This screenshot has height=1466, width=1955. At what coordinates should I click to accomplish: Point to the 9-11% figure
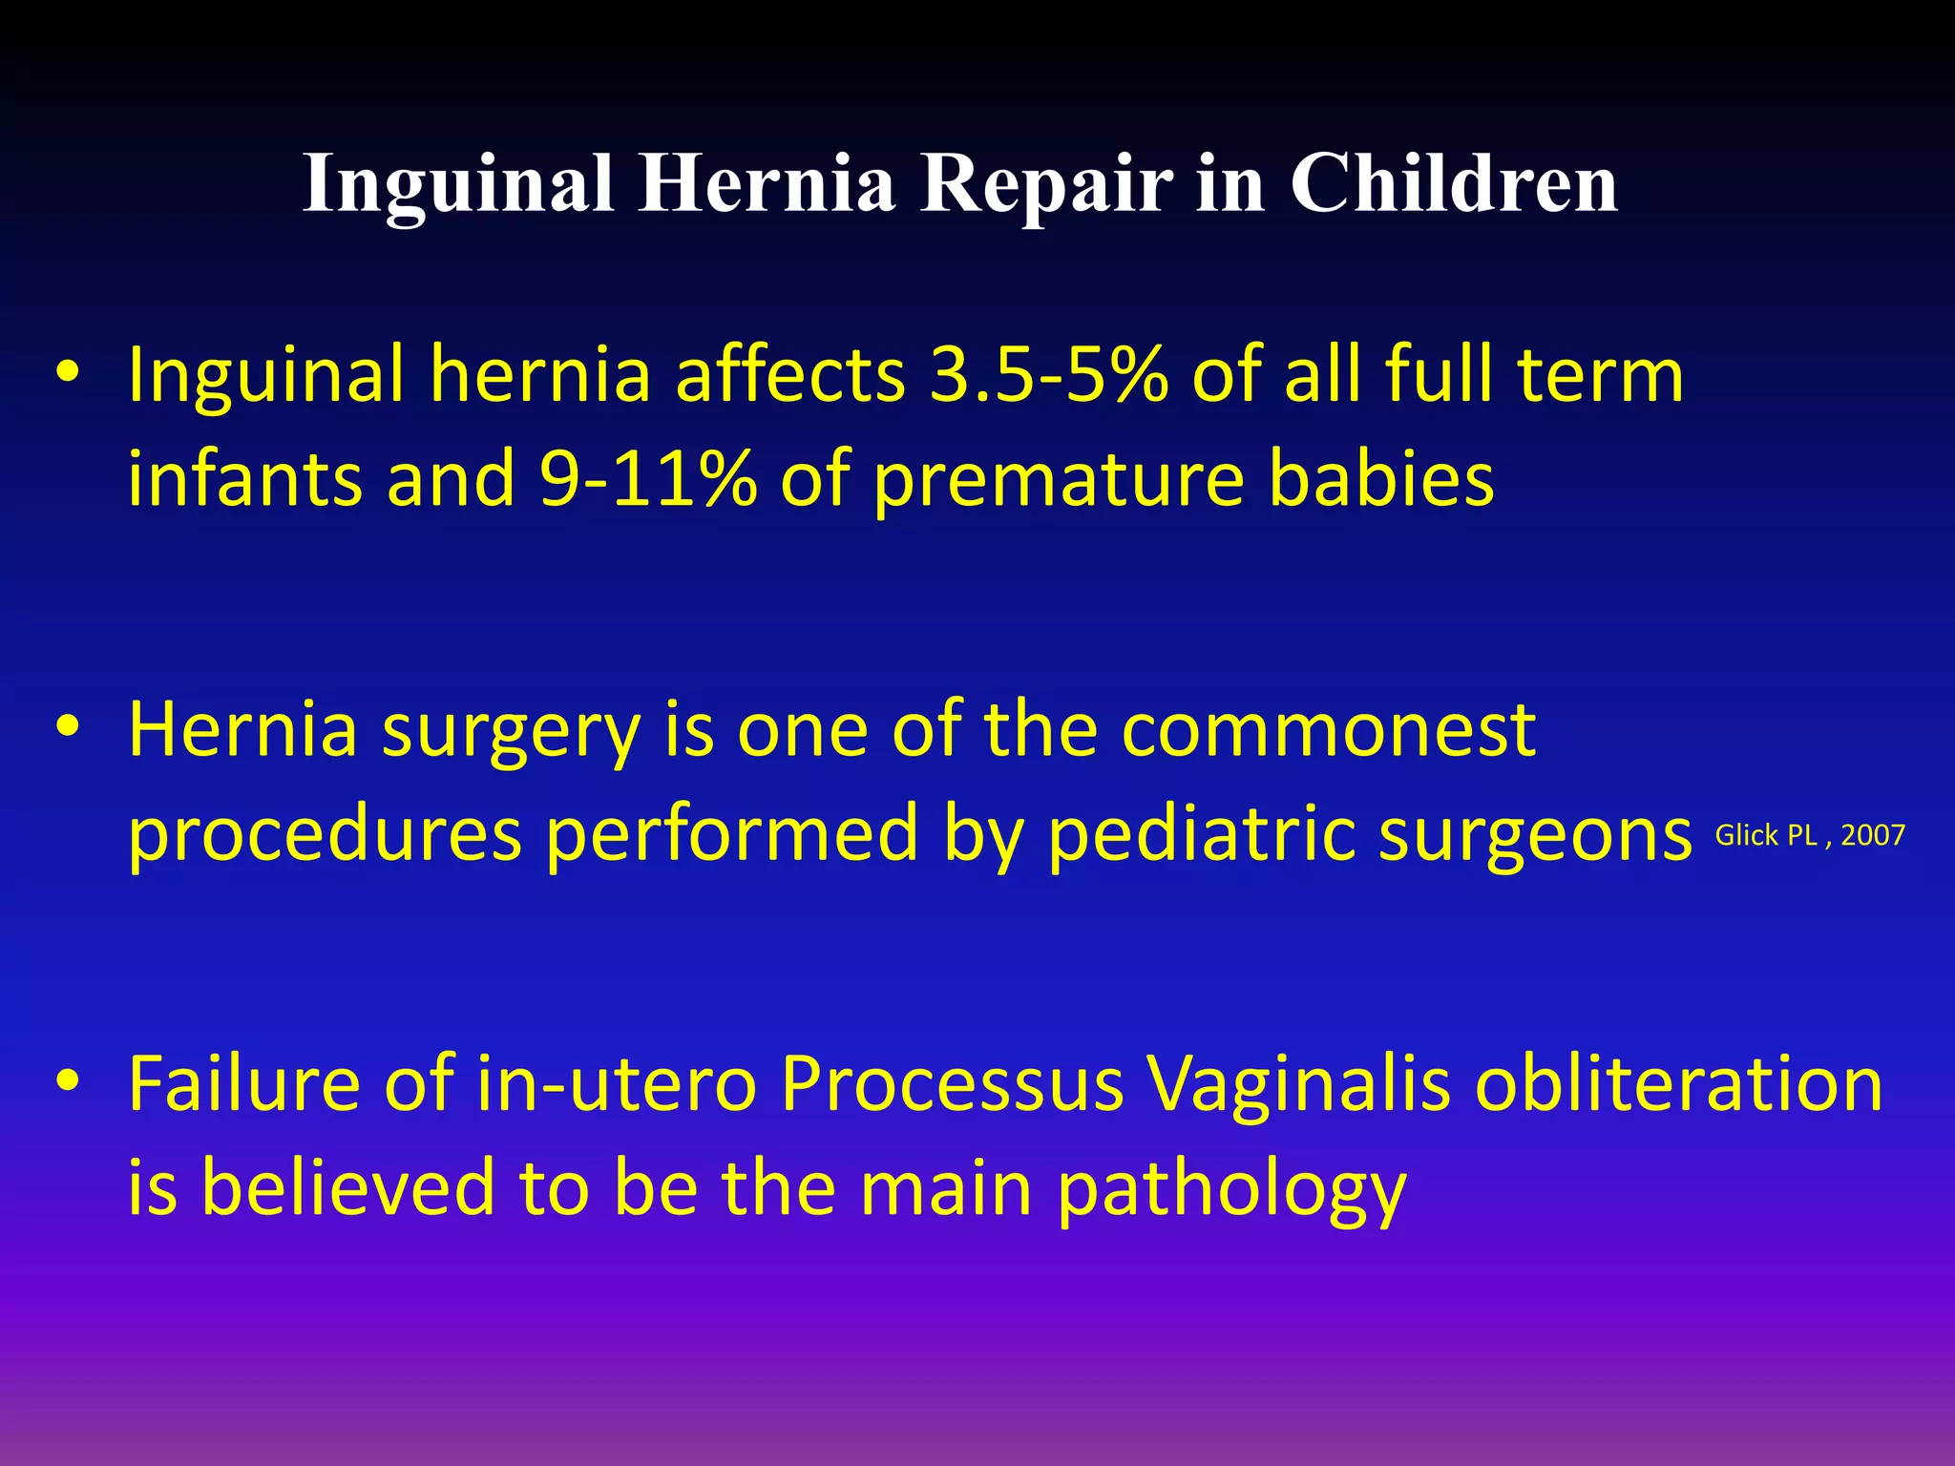[x=648, y=479]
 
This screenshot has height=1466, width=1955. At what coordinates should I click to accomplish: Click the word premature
[x=1060, y=479]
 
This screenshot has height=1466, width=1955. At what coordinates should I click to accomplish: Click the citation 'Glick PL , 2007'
[x=1809, y=836]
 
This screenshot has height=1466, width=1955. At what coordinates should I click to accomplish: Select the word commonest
[x=1328, y=731]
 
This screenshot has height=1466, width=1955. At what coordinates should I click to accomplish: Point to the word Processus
[x=952, y=1085]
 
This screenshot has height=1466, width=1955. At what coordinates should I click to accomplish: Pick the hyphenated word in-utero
[x=616, y=1085]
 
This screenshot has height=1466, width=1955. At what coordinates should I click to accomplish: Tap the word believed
[x=347, y=1189]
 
